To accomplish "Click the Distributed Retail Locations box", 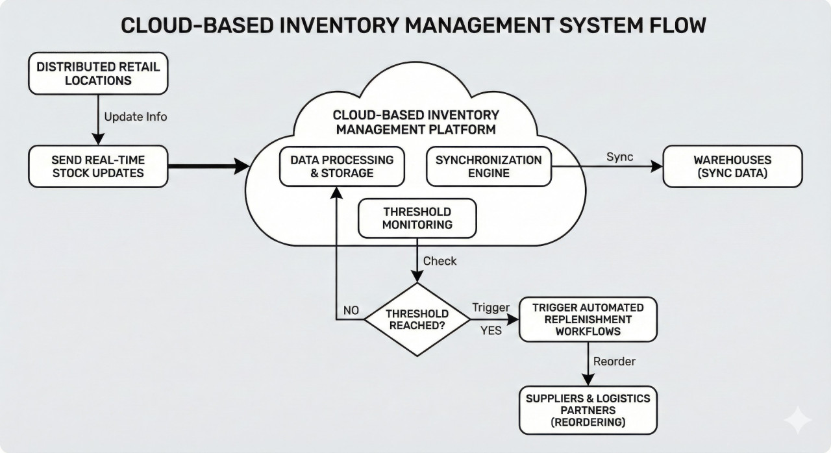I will [98, 74].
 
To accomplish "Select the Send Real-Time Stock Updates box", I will [98, 166].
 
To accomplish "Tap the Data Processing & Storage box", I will [341, 166].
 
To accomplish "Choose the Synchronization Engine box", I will [488, 166].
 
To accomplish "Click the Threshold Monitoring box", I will [417, 218].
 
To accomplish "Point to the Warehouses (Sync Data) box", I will [732, 166].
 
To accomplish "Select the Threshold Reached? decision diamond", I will [417, 319].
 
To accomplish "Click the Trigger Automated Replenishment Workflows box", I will [588, 319].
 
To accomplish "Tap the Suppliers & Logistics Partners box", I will [588, 410].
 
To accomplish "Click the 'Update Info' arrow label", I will [135, 117].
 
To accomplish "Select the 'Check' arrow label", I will [440, 261].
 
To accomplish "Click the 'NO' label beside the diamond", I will [351, 310].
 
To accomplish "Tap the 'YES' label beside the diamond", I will [491, 330].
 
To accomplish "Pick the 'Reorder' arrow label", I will [614, 361].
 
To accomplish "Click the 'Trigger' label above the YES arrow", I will [491, 307].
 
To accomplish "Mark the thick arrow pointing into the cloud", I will [208, 166].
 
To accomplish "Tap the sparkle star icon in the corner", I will [797, 421].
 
